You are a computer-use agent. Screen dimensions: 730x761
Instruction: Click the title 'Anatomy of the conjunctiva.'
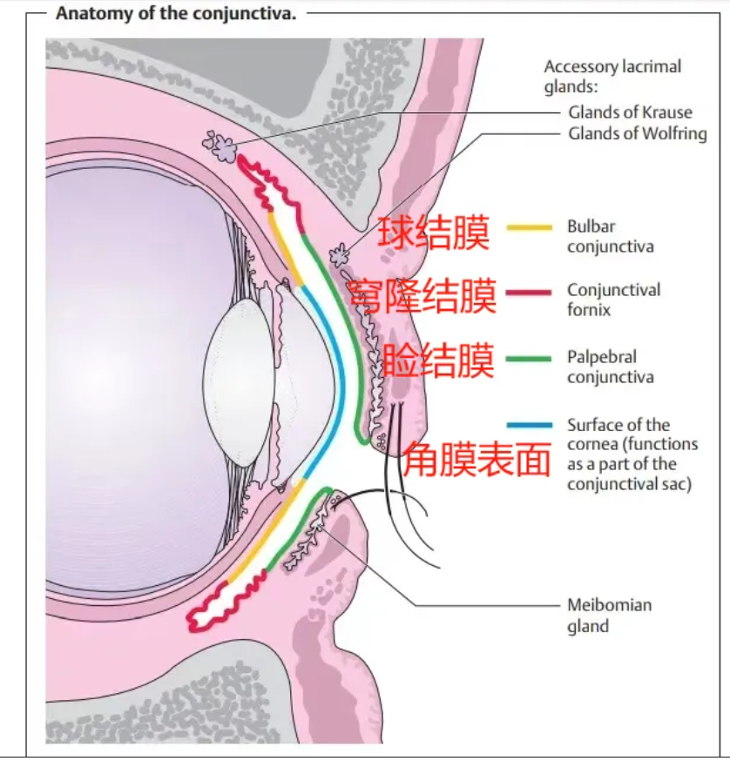click(176, 13)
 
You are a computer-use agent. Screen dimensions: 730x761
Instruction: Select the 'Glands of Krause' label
click(630, 112)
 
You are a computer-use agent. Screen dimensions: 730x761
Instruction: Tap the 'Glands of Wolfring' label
click(638, 133)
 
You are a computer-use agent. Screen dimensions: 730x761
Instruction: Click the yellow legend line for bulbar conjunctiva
click(529, 227)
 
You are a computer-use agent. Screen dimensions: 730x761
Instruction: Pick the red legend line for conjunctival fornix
click(529, 293)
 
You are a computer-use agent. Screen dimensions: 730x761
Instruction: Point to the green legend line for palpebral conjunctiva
click(529, 359)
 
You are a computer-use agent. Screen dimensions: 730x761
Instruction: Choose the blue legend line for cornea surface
click(530, 425)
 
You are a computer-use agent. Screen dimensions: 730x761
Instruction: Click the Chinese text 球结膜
click(434, 233)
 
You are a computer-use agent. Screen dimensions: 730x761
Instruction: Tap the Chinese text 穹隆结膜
click(422, 296)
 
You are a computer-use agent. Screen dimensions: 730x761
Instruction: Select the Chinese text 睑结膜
click(438, 360)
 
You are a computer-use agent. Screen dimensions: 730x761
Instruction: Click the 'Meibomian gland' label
click(610, 615)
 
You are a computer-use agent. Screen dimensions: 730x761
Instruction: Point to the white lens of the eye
click(239, 382)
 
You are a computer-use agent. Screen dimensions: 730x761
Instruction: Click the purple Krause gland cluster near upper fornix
click(220, 145)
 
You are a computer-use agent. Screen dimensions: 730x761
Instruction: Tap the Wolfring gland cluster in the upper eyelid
click(339, 254)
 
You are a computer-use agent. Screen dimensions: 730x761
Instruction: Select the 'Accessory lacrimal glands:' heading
click(612, 77)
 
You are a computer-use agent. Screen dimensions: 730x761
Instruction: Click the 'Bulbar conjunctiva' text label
click(610, 236)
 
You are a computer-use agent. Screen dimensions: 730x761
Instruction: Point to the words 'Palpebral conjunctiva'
click(610, 367)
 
